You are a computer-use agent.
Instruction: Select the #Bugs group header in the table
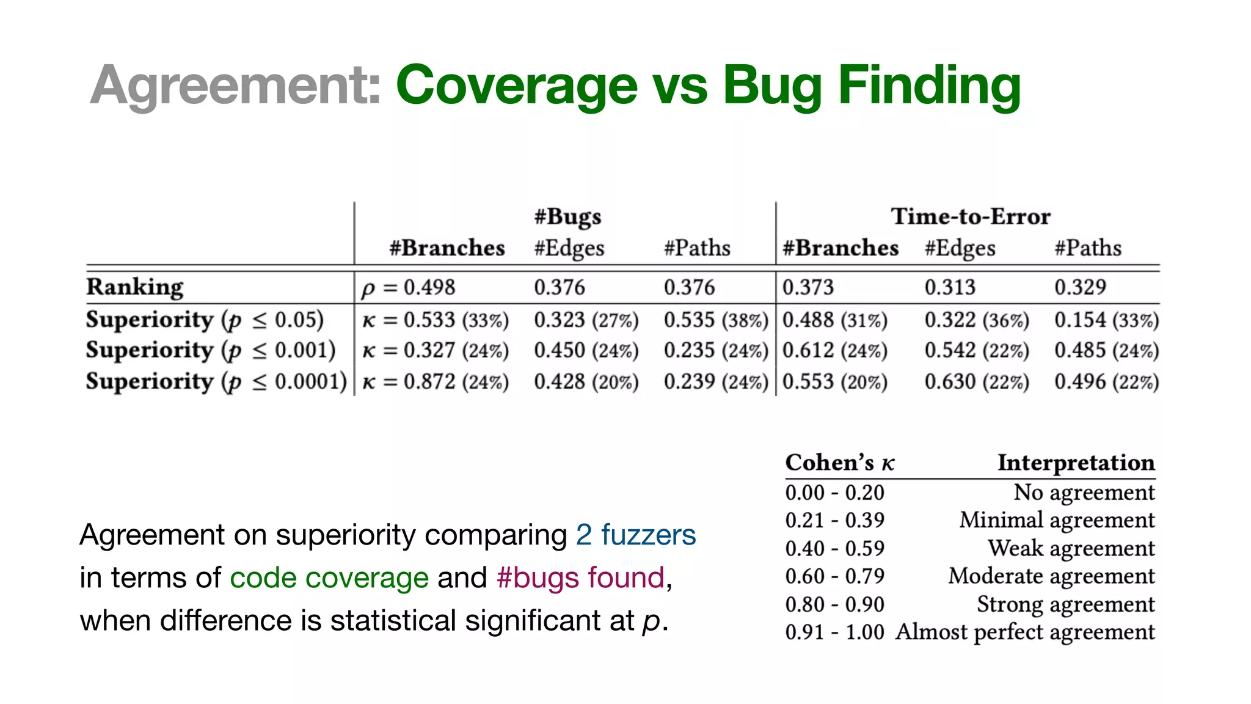pos(567,216)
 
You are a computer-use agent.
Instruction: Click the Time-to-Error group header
pos(971,216)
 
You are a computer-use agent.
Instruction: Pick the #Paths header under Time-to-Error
pos(1088,248)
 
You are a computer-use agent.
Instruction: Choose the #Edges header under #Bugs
pos(569,248)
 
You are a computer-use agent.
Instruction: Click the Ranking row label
pos(135,287)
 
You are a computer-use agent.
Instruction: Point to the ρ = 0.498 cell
pos(408,287)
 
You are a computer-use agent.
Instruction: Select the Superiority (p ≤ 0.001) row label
pos(211,350)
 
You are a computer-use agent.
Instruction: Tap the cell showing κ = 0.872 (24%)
pos(435,382)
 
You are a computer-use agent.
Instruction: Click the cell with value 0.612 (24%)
pos(834,351)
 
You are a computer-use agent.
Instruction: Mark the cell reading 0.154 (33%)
pos(1106,320)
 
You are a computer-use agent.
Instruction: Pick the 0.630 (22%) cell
pos(976,382)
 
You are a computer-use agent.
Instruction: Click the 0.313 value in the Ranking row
pos(950,287)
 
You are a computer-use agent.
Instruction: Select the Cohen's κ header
pos(840,463)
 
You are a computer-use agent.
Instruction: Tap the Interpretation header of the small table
pos(1076,463)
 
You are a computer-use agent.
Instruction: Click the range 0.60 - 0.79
pos(834,576)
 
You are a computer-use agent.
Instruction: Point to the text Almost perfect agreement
pos(1025,632)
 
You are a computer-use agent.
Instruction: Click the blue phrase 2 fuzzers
pos(635,535)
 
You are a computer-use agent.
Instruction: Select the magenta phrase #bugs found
pos(580,577)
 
